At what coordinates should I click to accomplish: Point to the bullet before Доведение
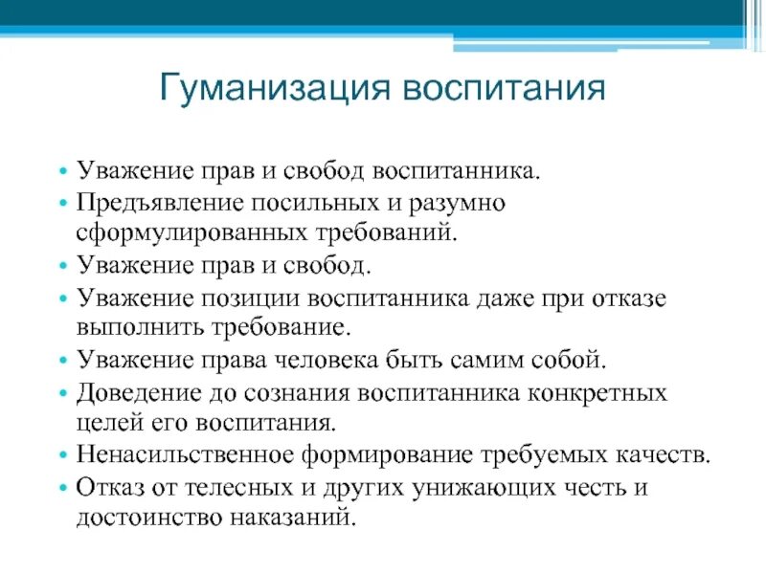point(63,395)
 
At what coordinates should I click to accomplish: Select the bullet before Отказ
point(63,488)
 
